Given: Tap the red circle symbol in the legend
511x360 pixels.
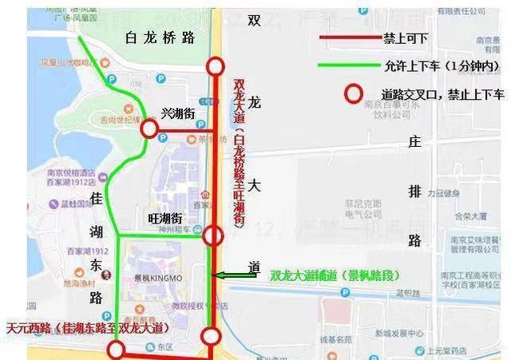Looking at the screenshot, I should (352, 94).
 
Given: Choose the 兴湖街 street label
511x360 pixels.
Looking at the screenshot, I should (178, 114).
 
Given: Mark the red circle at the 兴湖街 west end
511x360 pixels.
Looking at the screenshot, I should (149, 129).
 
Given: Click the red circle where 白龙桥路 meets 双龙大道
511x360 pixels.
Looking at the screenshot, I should (214, 66).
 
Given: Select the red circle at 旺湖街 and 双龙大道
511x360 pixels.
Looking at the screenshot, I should (213, 235).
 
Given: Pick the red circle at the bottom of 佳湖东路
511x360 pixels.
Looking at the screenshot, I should (117, 349).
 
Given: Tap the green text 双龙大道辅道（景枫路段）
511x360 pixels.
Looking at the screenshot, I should (334, 276).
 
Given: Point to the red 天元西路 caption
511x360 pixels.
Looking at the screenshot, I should (85, 328).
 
